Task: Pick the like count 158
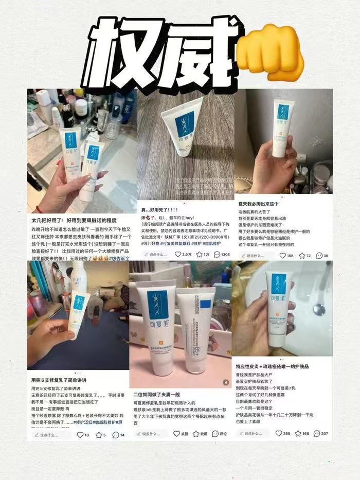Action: pyautogui.click(x=286, y=255)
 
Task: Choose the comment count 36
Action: pyautogui.click(x=322, y=255)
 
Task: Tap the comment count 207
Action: pyautogui.click(x=324, y=434)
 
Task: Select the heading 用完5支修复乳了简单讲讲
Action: pyautogui.click(x=61, y=380)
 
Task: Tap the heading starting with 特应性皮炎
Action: pyautogui.click(x=272, y=366)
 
